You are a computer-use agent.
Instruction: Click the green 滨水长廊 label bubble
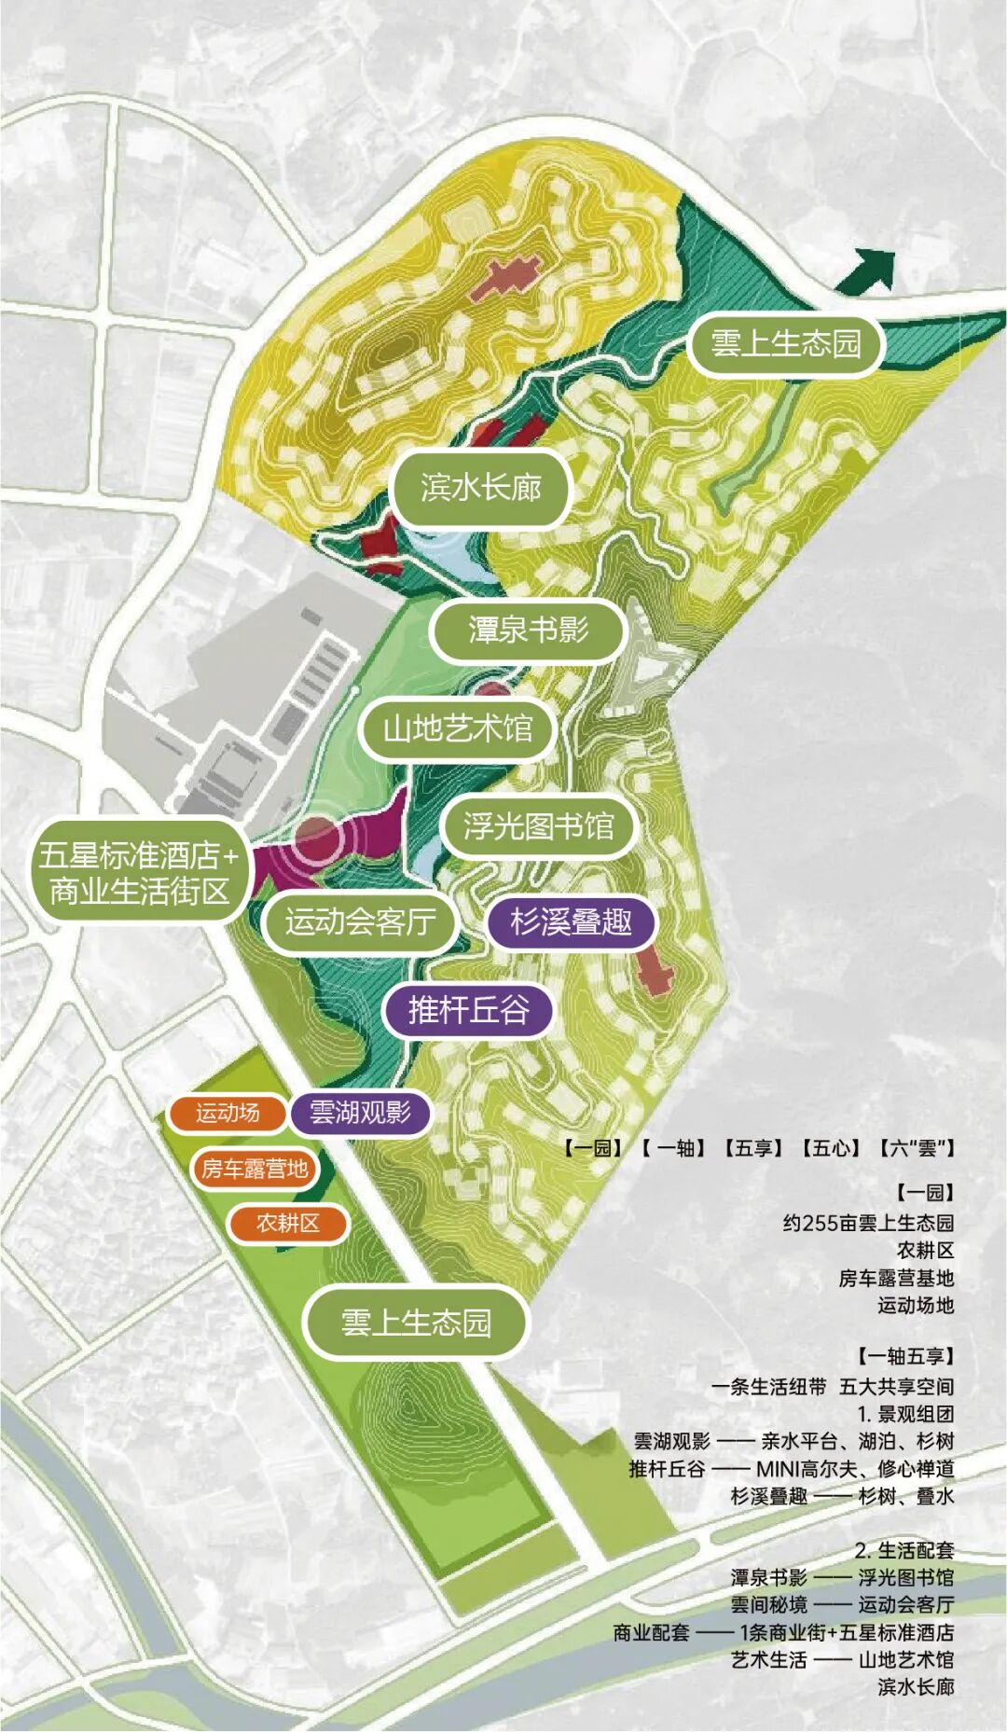480,487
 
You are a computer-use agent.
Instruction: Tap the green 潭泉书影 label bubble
528,630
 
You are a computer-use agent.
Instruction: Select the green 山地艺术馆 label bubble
458,728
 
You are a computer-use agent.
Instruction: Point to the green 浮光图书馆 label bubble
538,826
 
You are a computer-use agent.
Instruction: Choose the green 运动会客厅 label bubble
360,921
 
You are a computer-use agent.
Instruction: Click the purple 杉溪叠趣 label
571,921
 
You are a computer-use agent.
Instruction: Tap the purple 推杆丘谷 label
468,1009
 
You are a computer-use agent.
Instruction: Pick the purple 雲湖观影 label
360,1112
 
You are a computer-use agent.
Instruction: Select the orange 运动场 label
227,1112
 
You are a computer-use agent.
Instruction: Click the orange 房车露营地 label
254,1168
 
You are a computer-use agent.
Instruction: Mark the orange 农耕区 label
288,1223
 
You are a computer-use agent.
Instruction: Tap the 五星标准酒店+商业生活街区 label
139,873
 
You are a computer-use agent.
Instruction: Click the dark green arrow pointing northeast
868,271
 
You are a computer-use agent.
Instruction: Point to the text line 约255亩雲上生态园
868,1223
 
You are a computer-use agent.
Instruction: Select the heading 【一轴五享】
905,1356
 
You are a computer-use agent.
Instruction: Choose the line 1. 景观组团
905,1414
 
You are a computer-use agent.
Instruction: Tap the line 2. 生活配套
904,1550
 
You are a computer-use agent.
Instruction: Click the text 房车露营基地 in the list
896,1278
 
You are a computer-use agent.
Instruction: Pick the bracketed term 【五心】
830,1148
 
